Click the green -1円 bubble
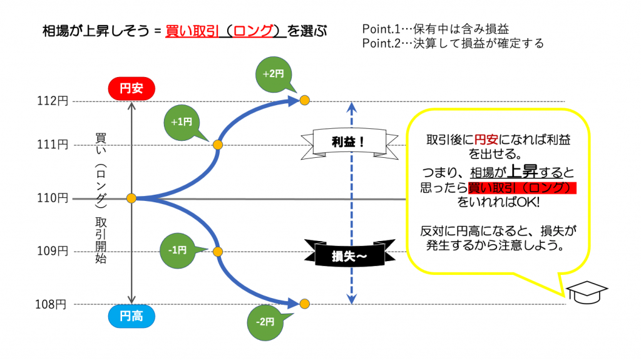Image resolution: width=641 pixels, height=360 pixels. pyautogui.click(x=177, y=250)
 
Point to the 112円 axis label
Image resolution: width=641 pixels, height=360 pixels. pyautogui.click(x=54, y=101)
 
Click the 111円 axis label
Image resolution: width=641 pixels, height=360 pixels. pyautogui.click(x=54, y=145)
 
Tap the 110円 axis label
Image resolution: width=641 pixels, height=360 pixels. pyautogui.click(x=54, y=198)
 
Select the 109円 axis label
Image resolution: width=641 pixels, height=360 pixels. pyautogui.click(x=54, y=251)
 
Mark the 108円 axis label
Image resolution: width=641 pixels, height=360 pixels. pyautogui.click(x=51, y=305)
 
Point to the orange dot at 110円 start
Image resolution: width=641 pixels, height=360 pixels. pyautogui.click(x=131, y=198)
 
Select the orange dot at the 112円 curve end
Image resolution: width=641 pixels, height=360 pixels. pyautogui.click(x=304, y=100)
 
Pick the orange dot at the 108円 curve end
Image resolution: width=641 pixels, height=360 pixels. pyautogui.click(x=304, y=304)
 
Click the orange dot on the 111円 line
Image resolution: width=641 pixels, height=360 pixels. pyautogui.click(x=218, y=145)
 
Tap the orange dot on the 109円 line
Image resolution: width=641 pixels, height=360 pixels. pyautogui.click(x=218, y=251)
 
